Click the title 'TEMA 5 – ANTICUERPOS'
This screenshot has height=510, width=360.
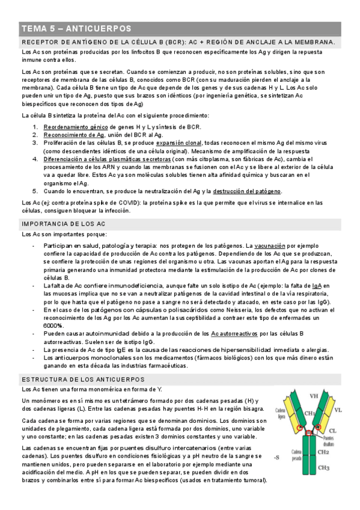76,29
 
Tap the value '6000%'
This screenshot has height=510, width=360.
54,325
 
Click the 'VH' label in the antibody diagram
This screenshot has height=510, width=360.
314,396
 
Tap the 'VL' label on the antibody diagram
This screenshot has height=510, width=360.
338,410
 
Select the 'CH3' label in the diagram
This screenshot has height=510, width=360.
323,467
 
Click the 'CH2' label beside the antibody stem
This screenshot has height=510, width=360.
323,452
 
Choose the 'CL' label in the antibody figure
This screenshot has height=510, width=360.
332,430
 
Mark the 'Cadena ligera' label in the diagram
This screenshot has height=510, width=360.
281,413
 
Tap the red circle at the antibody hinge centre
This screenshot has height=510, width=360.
309,434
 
